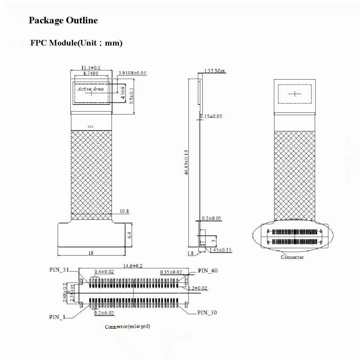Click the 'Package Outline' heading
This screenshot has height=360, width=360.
point(63,20)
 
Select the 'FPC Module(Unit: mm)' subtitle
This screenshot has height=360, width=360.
point(76,43)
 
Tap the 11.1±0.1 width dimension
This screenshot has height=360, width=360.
point(91,68)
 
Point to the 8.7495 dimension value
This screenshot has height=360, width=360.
point(91,73)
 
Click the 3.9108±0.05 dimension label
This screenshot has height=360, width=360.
point(132,73)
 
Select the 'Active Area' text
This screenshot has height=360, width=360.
point(91,89)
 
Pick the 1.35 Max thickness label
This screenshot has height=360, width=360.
point(214,71)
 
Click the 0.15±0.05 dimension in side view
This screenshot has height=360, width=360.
point(211,116)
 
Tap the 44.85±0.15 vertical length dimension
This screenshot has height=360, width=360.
point(186,162)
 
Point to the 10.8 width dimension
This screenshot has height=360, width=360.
point(124,212)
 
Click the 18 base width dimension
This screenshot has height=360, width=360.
point(91,253)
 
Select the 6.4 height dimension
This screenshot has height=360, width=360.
point(129,235)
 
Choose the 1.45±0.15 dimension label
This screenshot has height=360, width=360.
point(220,250)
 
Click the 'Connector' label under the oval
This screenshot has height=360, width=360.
point(292,257)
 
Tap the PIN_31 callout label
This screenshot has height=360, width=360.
point(59,269)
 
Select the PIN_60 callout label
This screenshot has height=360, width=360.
point(208,271)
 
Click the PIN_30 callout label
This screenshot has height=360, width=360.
point(207,313)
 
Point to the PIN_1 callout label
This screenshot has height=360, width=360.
point(57,317)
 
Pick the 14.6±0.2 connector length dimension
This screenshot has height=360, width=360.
point(133,266)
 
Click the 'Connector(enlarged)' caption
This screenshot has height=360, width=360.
point(127,327)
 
